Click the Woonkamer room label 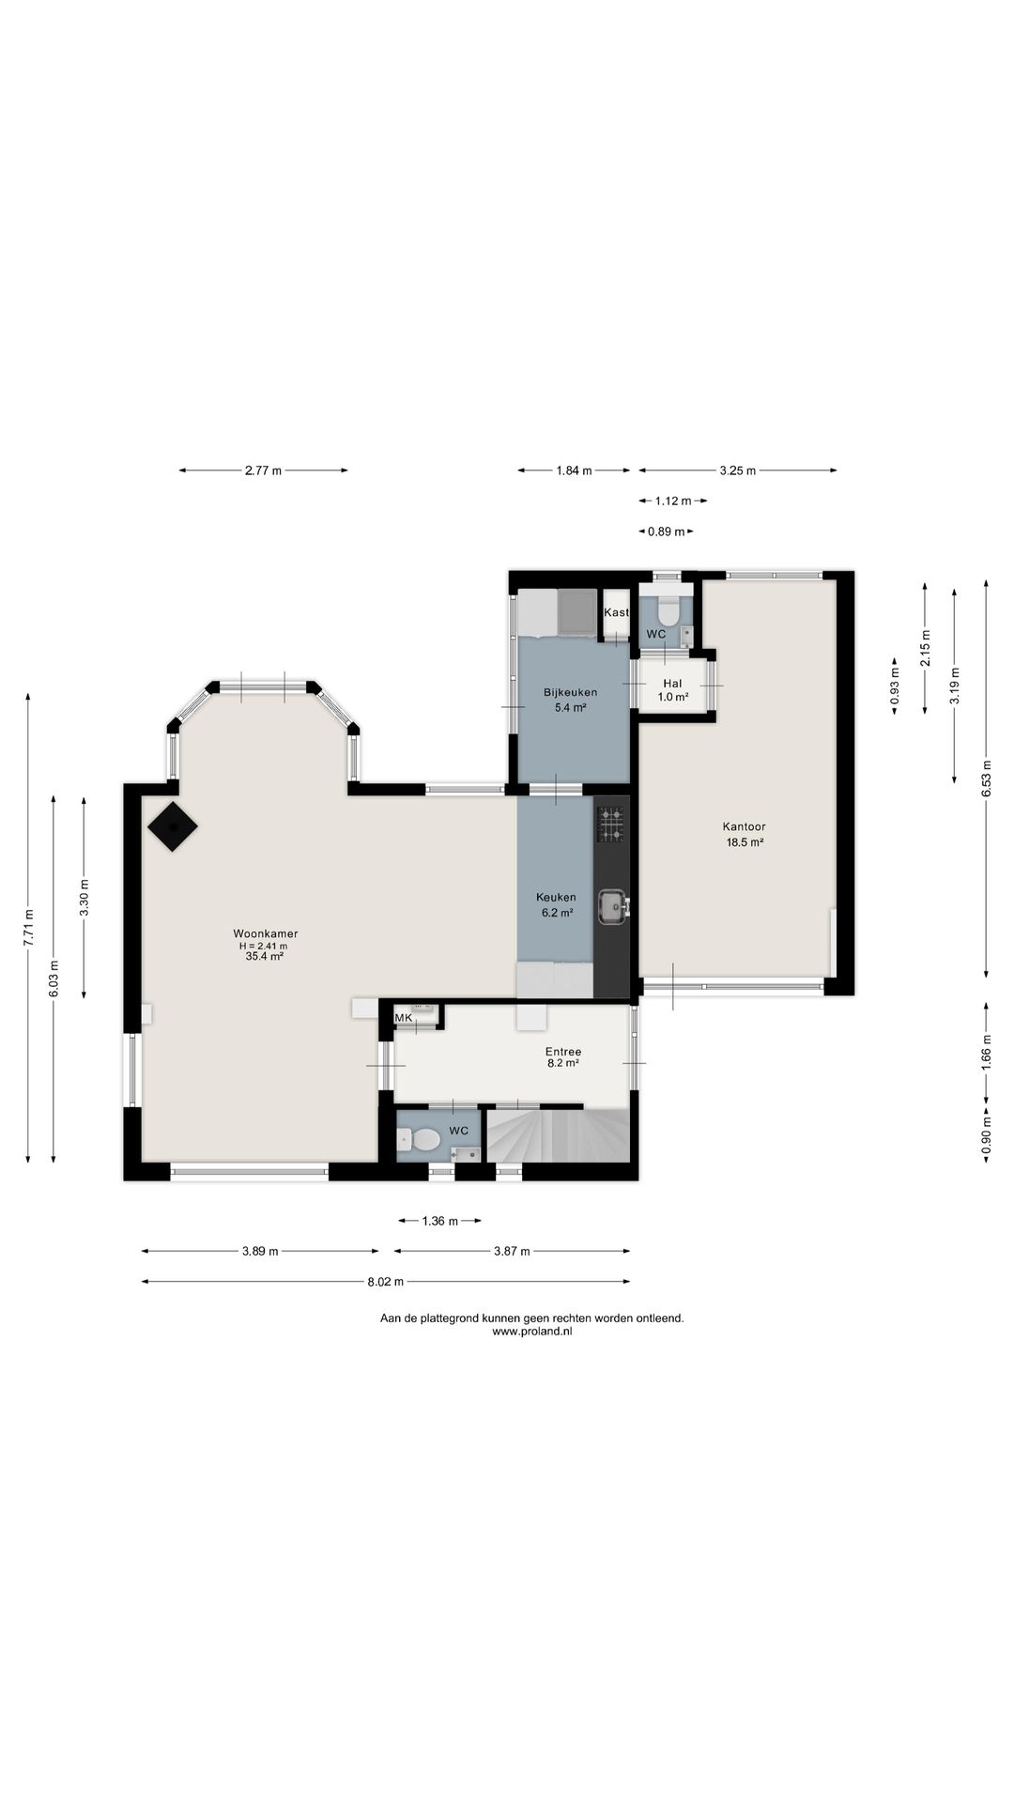click(266, 933)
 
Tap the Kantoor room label click(744, 826)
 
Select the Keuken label click(556, 897)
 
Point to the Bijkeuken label click(570, 693)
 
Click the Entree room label click(563, 1052)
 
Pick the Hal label click(672, 684)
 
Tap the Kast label click(616, 612)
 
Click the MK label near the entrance click(404, 1018)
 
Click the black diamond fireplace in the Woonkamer click(172, 826)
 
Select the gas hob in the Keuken click(611, 824)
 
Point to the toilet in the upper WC click(668, 611)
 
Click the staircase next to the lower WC click(557, 1135)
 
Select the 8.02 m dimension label click(386, 1281)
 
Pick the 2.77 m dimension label click(263, 470)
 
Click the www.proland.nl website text click(531, 1331)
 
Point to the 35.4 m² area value click(265, 957)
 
